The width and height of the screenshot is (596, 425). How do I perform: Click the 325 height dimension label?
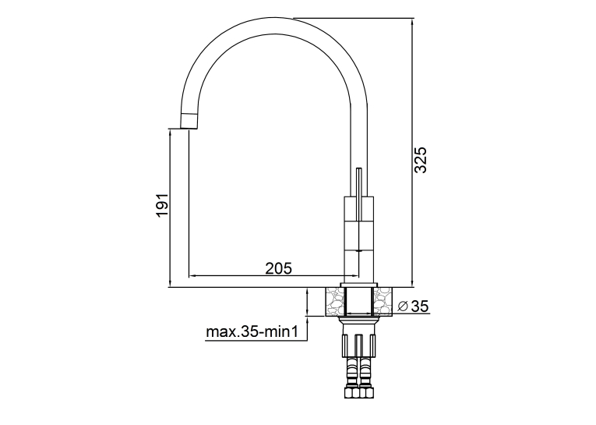pos(421,160)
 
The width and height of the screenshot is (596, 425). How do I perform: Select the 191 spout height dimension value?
pos(162,205)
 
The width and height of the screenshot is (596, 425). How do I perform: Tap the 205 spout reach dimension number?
pos(279,268)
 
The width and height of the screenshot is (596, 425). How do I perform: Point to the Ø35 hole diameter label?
pos(413,306)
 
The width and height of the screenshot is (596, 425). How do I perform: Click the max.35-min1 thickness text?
pos(251,331)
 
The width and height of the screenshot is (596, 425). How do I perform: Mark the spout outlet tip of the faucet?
pos(188,128)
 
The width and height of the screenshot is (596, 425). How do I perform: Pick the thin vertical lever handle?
pos(359,194)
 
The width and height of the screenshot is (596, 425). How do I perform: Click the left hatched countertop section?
pos(335,302)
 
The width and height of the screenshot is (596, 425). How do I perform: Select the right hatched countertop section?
pos(383,302)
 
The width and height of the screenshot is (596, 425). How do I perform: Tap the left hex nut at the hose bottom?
pos(352,393)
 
